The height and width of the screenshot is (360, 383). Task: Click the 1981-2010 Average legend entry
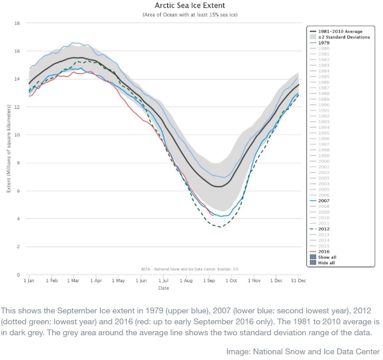[342, 31]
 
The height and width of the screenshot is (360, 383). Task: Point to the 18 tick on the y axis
[18, 24]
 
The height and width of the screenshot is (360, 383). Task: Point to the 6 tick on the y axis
[19, 191]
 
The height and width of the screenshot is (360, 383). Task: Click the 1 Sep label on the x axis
[208, 281]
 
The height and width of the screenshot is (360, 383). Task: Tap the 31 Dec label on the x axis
[298, 281]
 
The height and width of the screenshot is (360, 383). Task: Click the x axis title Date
[164, 287]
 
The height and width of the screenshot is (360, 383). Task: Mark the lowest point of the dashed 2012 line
[219, 227]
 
